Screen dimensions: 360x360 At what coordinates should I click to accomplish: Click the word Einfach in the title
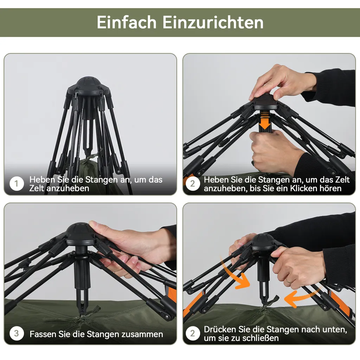click(126, 22)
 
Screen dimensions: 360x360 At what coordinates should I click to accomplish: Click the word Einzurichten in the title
click(213, 22)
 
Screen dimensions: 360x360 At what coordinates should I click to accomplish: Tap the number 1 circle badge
click(17, 184)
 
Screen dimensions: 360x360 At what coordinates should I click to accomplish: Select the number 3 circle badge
click(17, 333)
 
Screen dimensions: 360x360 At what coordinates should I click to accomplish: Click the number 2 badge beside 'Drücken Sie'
click(192, 333)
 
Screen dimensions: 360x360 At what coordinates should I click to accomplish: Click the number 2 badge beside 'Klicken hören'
click(192, 184)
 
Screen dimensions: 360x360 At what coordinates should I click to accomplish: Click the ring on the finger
click(288, 280)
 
